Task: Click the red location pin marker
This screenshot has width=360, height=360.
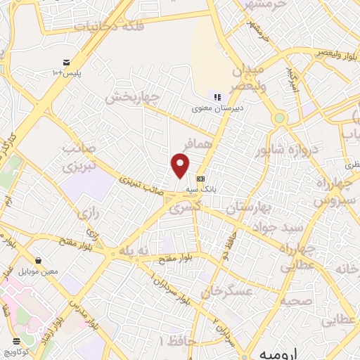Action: point(181,165)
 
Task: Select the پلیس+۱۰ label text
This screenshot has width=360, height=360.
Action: point(67,72)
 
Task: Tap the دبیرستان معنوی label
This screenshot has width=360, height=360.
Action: point(217,109)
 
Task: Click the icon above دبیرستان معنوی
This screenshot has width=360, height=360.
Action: point(217,98)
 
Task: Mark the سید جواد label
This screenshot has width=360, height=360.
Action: point(272,229)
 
